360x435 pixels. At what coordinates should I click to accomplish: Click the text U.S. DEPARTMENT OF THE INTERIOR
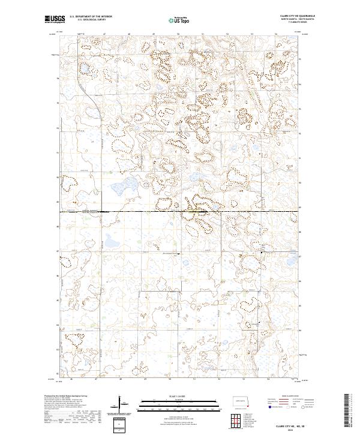click(91, 17)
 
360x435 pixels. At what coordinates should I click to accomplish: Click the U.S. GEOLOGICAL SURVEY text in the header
click(88, 20)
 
